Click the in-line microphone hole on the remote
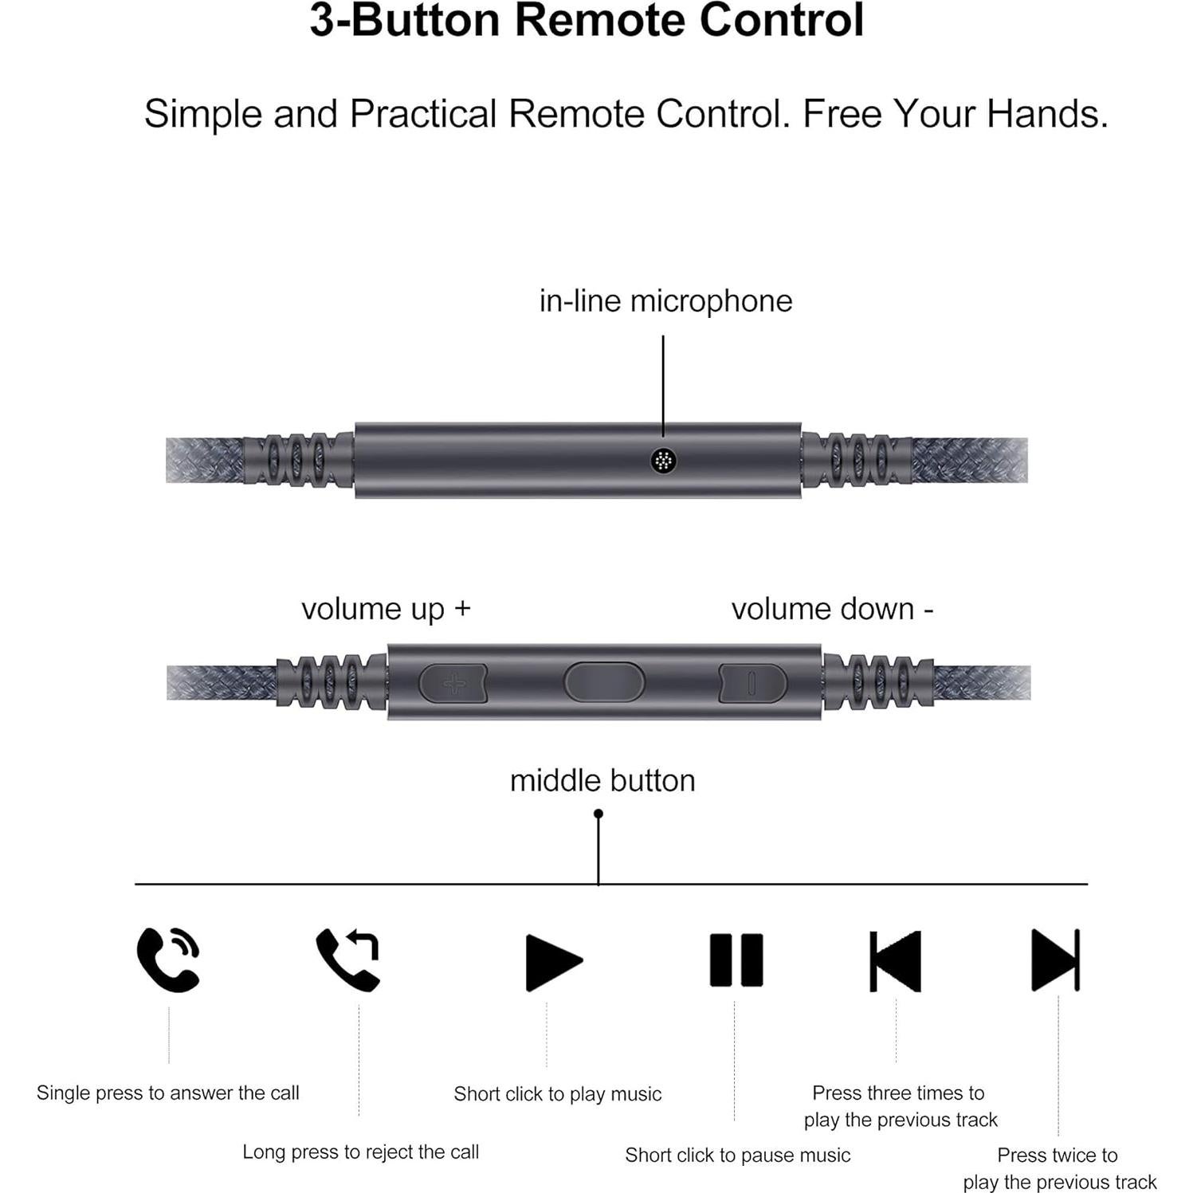(663, 461)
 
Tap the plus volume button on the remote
(453, 684)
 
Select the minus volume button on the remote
(752, 684)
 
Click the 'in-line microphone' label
(665, 301)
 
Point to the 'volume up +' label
(386, 609)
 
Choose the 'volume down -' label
(832, 609)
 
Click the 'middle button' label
(602, 780)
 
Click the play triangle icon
(552, 961)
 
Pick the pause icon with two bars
(736, 960)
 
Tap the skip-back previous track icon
(895, 960)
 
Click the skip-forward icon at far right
(1055, 960)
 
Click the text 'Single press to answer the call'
(167, 1093)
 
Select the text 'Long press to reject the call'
(360, 1152)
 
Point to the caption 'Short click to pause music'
(737, 1155)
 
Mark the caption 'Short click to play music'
(557, 1093)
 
